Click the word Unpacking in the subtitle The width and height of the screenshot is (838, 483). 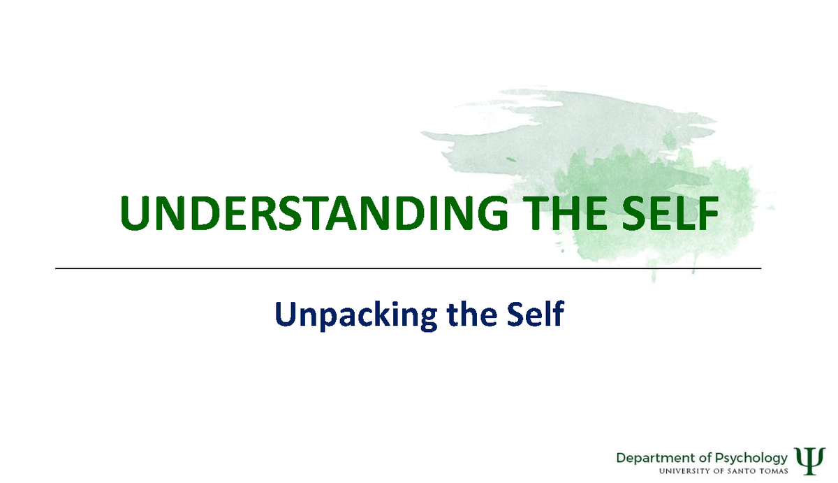click(x=357, y=314)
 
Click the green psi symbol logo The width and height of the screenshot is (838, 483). click(x=809, y=461)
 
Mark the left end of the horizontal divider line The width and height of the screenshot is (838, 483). click(x=55, y=268)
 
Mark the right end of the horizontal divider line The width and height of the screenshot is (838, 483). click(x=760, y=268)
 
